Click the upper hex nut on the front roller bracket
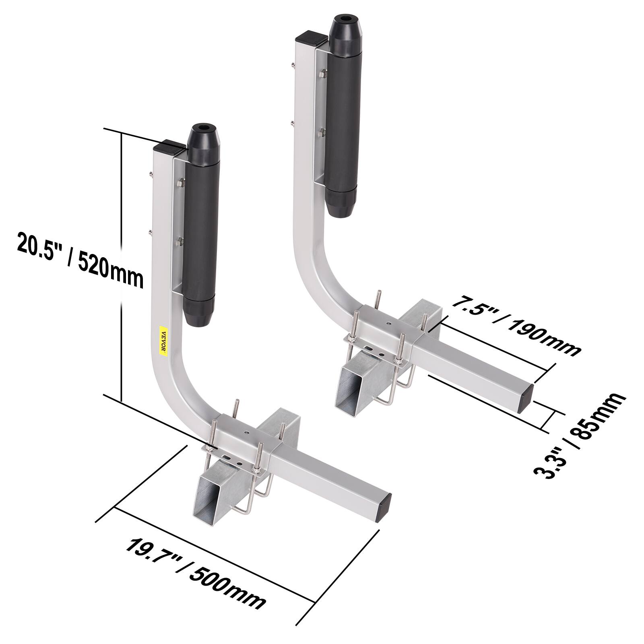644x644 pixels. pos(180,182)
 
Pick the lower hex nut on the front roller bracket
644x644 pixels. pos(180,242)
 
